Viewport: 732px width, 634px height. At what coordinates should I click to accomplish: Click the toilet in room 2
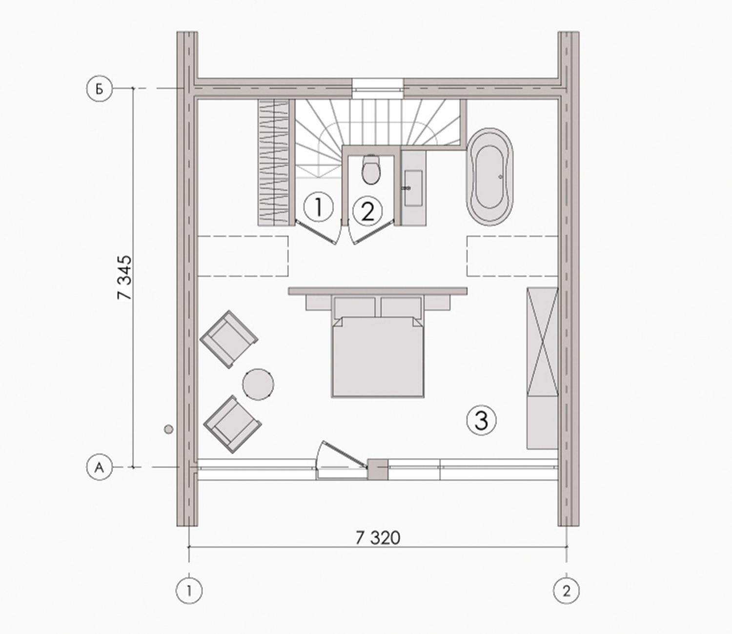[x=371, y=169]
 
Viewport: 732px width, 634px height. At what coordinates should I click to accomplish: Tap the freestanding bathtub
[x=490, y=177]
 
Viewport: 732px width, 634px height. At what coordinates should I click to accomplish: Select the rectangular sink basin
[x=413, y=188]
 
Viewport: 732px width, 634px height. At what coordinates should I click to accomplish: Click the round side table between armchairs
[x=258, y=385]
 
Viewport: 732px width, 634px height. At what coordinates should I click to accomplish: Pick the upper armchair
[x=229, y=339]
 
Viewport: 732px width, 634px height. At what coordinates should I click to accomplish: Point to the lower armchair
[x=232, y=424]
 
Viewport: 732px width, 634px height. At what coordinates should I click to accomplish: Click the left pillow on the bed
[x=354, y=307]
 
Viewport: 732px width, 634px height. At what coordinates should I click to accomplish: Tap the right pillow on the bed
[x=401, y=307]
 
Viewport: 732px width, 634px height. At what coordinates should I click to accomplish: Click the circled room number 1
[x=319, y=207]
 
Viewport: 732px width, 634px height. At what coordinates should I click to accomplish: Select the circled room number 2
[x=368, y=211]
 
